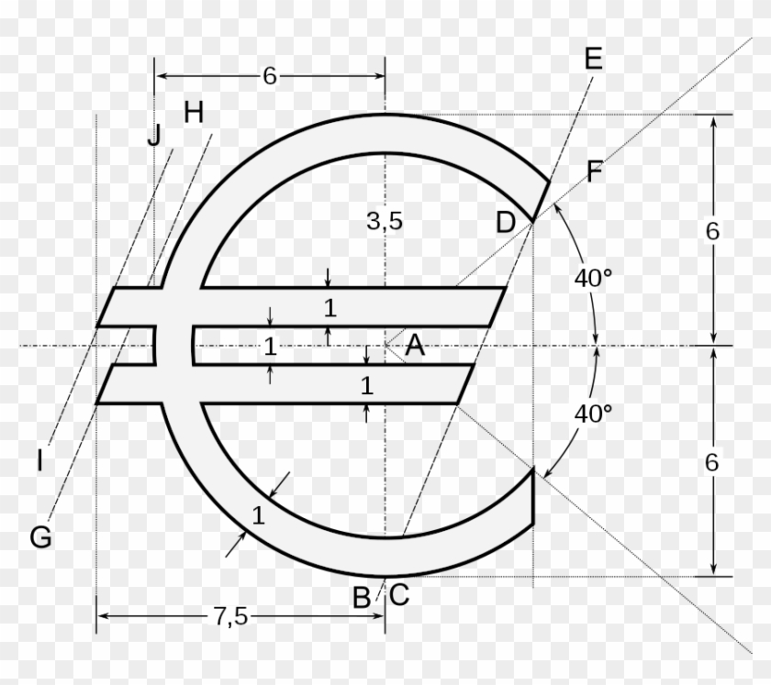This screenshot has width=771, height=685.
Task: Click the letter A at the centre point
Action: (415, 346)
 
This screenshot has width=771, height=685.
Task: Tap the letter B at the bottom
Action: (362, 598)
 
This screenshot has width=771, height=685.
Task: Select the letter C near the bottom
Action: (398, 596)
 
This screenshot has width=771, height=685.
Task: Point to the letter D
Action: (506, 222)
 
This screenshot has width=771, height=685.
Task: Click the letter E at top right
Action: (592, 60)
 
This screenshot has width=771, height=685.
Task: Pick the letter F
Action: (595, 172)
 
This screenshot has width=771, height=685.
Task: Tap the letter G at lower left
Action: (40, 538)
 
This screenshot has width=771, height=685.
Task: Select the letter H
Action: (193, 113)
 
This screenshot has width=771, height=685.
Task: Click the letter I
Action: (39, 461)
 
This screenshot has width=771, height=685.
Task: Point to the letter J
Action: (154, 136)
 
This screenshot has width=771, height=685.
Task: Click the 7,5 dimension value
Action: (230, 617)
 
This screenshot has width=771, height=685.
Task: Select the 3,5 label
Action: (385, 221)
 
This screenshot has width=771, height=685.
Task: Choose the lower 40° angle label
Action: (593, 414)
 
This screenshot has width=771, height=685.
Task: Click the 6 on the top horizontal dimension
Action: (269, 77)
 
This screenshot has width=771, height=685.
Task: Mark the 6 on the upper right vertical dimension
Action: (712, 231)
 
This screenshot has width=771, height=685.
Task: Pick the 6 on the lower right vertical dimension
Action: (712, 463)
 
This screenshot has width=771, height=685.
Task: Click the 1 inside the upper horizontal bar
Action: (330, 308)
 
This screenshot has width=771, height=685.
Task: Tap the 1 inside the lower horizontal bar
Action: (366, 386)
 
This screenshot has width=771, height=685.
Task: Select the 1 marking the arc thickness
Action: (258, 515)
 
